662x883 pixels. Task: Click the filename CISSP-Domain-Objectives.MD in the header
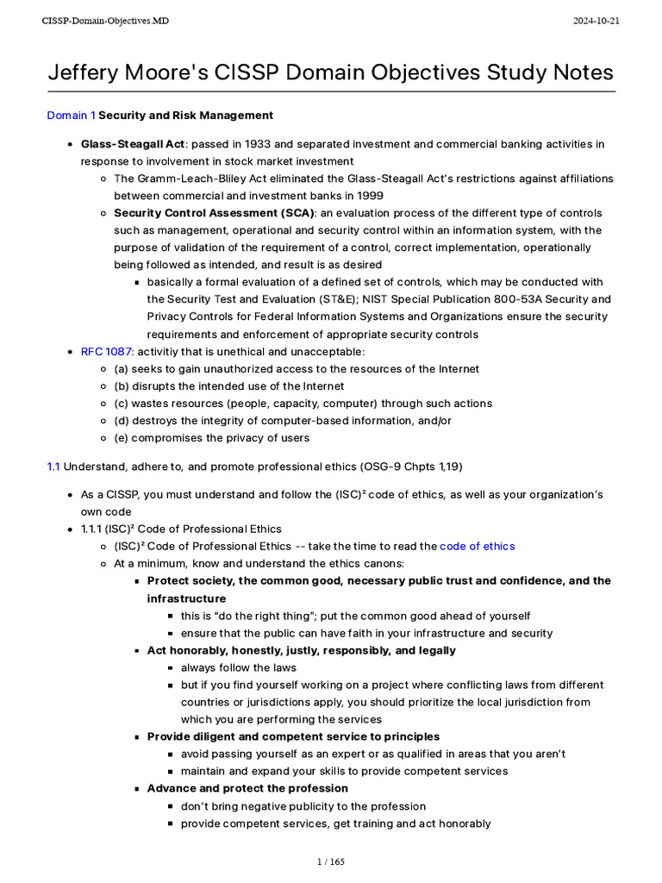pyautogui.click(x=105, y=21)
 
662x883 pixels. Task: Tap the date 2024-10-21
pyautogui.click(x=596, y=21)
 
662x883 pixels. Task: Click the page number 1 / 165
pyautogui.click(x=330, y=861)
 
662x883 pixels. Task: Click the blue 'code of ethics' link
pyautogui.click(x=477, y=546)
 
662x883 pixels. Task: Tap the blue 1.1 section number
pyautogui.click(x=53, y=467)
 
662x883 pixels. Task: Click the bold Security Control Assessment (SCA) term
pyautogui.click(x=215, y=212)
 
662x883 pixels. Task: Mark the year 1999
pyautogui.click(x=369, y=195)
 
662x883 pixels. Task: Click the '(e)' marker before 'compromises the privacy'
pyautogui.click(x=122, y=437)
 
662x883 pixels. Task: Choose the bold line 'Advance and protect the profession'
pyautogui.click(x=247, y=788)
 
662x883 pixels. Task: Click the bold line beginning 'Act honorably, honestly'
pyautogui.click(x=302, y=650)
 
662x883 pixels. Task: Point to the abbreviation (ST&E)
pyautogui.click(x=315, y=299)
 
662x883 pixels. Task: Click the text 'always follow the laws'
pyautogui.click(x=238, y=667)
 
